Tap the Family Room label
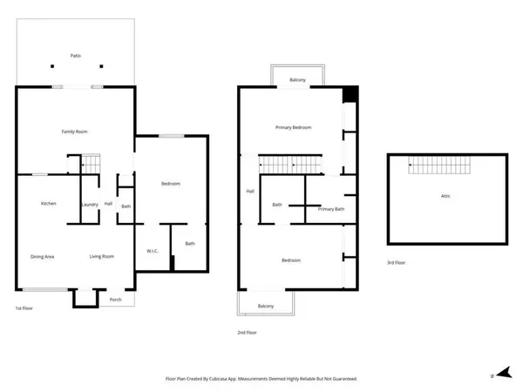(74, 132)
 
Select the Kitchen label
(49, 204)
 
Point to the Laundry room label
(88, 205)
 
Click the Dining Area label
(44, 256)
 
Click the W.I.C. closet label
(152, 252)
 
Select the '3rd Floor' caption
(397, 261)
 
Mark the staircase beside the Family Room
(92, 164)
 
